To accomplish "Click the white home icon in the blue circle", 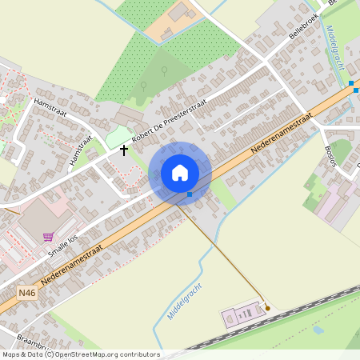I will (180, 173).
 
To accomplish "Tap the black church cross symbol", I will (124, 150).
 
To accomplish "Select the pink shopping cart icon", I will (48, 237).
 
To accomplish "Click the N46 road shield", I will (26, 294).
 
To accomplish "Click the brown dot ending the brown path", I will (268, 308).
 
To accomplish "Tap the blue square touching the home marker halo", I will (190, 194).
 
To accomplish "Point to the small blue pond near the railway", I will (318, 329).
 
